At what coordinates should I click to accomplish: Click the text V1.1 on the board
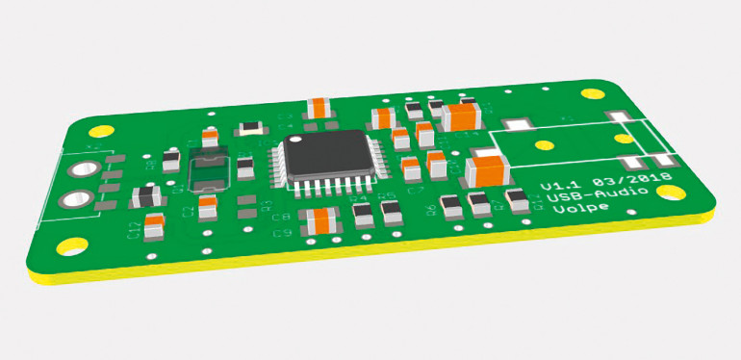(x=557, y=184)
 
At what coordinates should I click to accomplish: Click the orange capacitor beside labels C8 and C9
(x=318, y=220)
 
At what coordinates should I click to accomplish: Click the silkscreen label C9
(x=282, y=233)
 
